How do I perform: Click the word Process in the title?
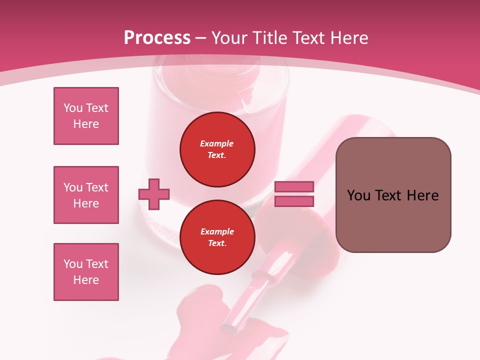(x=157, y=38)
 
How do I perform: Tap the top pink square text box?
(x=86, y=116)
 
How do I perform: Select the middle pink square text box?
(x=86, y=195)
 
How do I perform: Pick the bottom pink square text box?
(x=86, y=272)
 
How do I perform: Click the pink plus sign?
(x=154, y=194)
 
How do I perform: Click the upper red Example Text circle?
(x=217, y=149)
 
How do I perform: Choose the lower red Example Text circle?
(x=217, y=237)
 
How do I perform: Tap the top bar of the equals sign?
(x=294, y=186)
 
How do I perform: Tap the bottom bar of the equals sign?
(x=294, y=201)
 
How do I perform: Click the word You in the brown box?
(x=358, y=195)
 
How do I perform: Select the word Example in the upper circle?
(x=217, y=143)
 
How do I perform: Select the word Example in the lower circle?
(x=217, y=231)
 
